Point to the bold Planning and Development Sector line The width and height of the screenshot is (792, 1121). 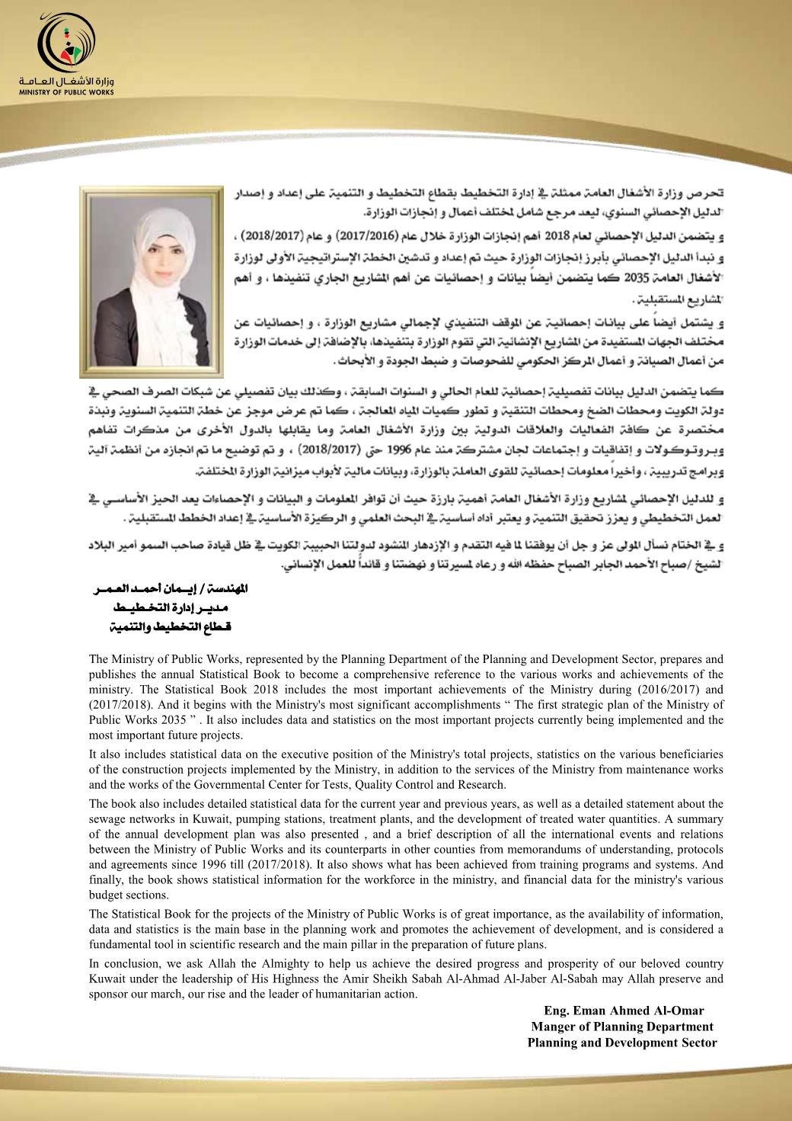pos(622,1043)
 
